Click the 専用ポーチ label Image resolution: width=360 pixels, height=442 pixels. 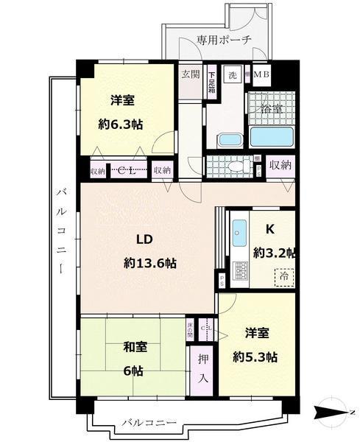(x=225, y=40)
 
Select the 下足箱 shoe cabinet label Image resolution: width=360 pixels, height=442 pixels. (x=212, y=76)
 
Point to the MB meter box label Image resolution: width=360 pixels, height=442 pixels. (x=261, y=75)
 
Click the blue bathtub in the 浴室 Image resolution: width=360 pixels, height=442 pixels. (x=272, y=136)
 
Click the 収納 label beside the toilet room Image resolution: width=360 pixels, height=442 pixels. (x=278, y=165)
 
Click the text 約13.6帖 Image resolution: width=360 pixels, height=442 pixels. (x=149, y=262)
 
